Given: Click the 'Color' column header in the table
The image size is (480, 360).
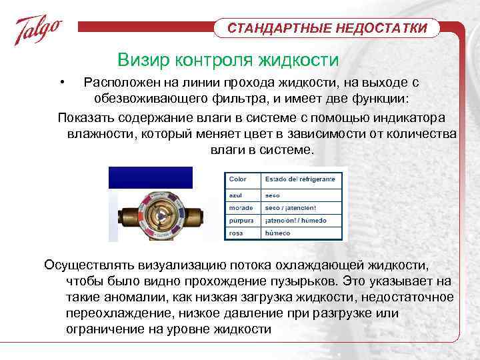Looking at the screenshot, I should tap(238, 179).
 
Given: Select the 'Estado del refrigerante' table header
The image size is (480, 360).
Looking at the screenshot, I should tap(298, 179).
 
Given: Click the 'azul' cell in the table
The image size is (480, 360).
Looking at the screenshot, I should tap(235, 196).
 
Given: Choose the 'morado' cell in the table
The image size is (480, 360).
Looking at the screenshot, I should tap(239, 208).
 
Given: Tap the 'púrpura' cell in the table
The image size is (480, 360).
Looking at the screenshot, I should tap(240, 220).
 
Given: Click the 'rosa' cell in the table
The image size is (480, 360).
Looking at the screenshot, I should tap(235, 233).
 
